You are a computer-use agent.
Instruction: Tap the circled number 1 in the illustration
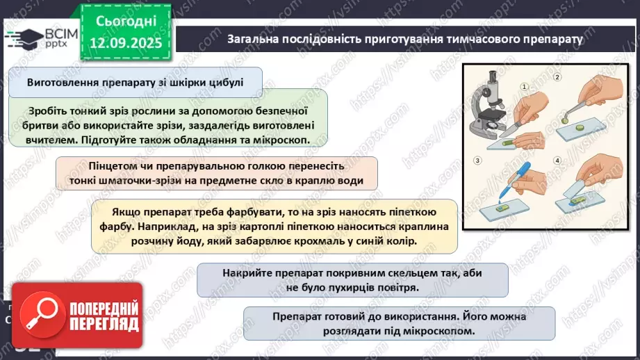(525, 88)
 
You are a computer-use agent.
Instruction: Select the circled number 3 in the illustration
(478, 161)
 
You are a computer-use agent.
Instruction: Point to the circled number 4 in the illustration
(557, 161)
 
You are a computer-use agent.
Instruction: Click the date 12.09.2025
(129, 42)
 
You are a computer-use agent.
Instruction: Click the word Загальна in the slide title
(252, 38)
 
